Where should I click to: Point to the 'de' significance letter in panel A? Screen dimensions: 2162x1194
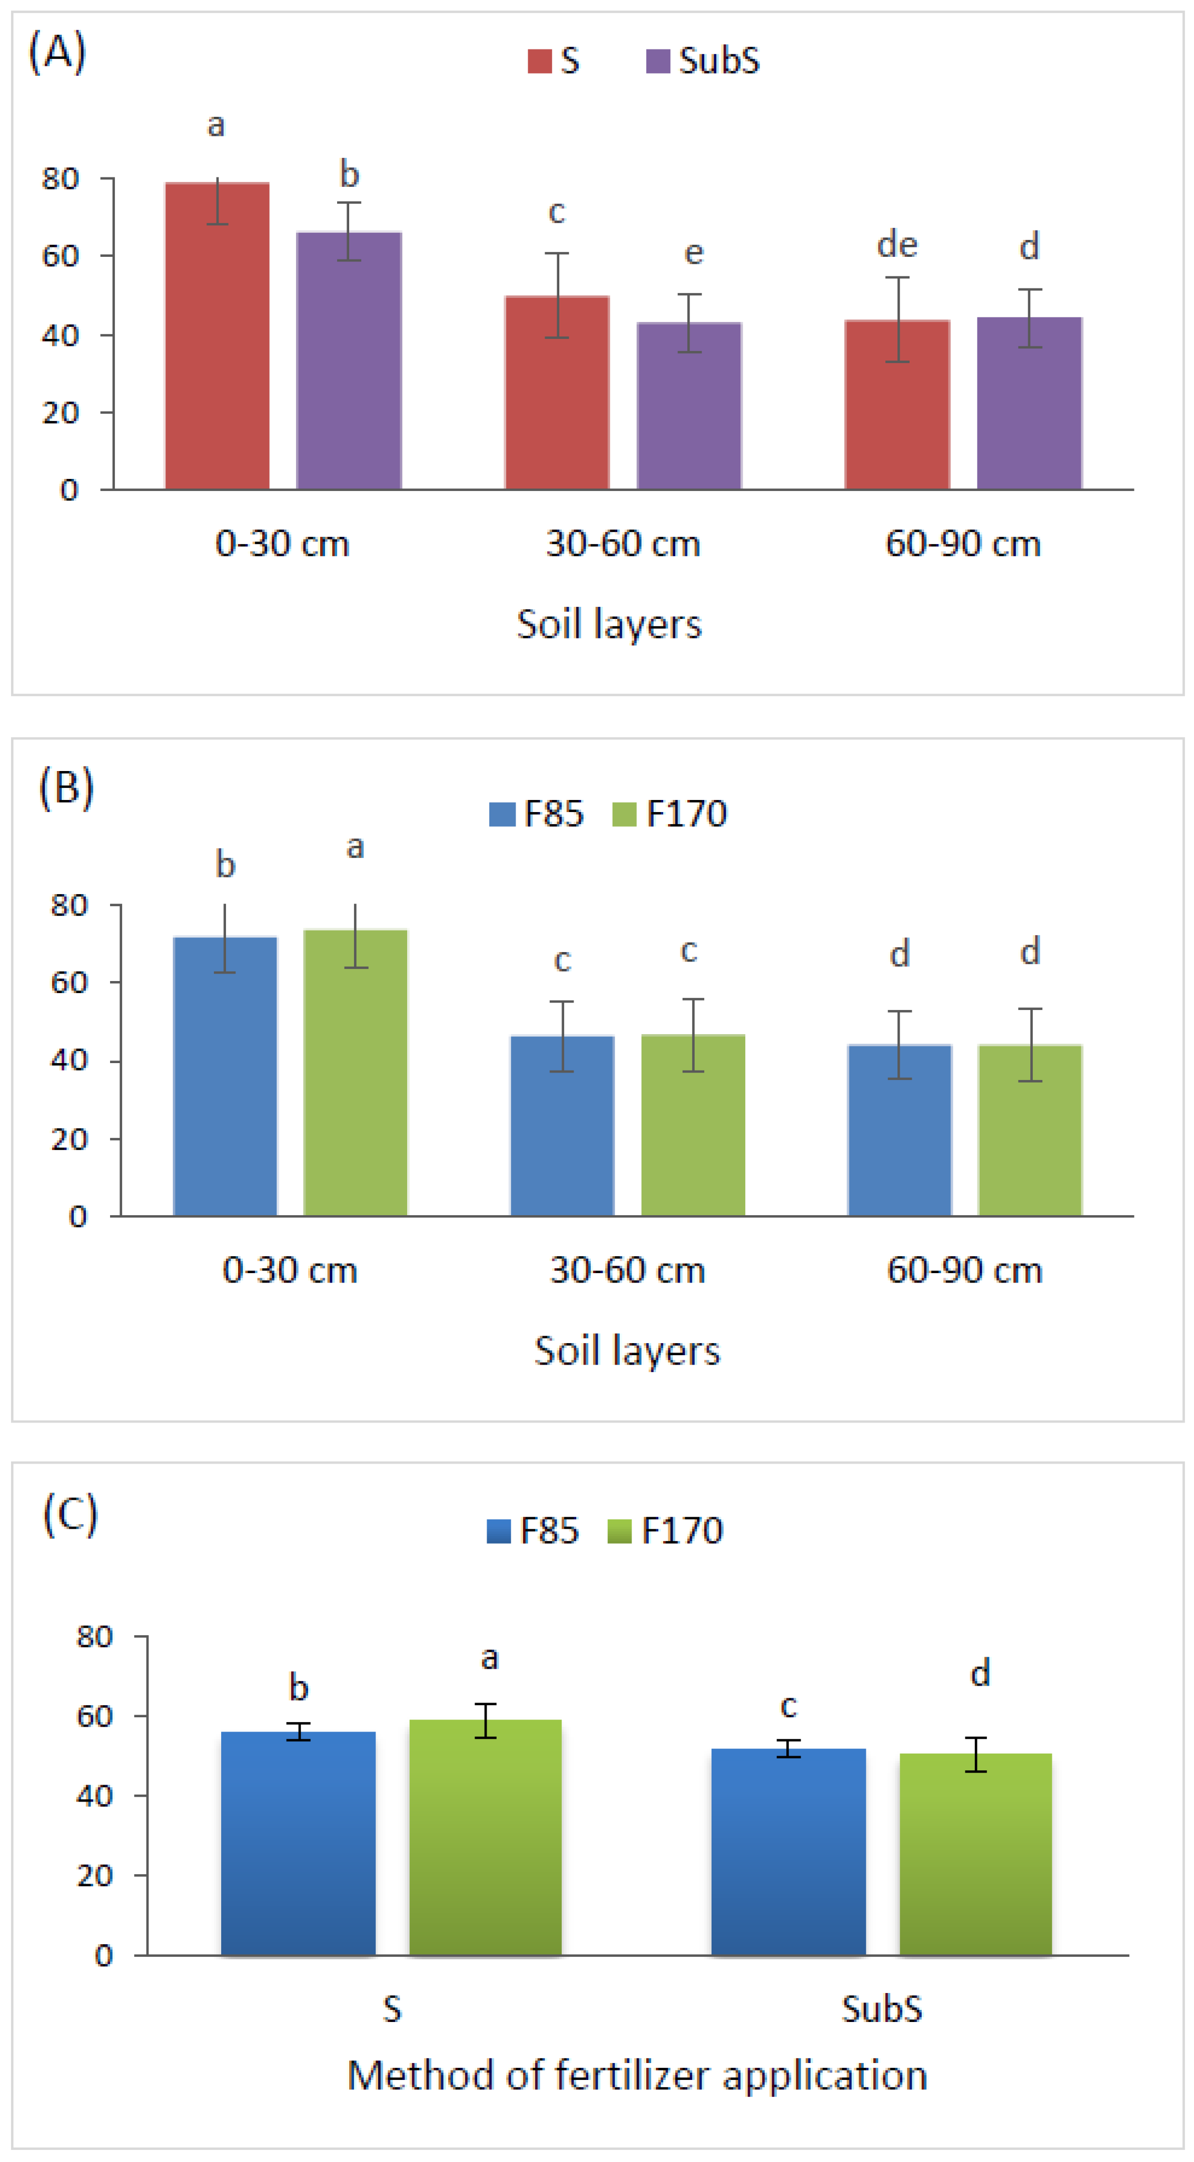[897, 245]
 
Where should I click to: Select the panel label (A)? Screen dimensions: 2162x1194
[57, 52]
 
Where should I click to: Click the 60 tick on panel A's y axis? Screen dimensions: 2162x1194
[61, 256]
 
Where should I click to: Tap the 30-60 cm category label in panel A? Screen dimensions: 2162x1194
[623, 544]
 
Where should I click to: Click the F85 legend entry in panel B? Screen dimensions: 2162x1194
[537, 813]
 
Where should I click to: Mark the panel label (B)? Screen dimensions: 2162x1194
[66, 788]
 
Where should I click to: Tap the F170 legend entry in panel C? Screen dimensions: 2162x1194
[666, 1530]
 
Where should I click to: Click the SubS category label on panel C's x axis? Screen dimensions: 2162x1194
[882, 2008]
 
